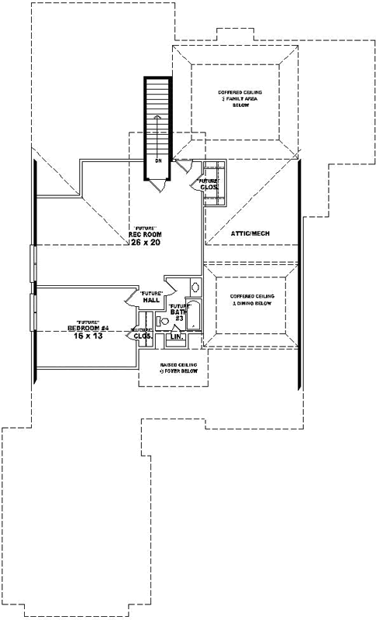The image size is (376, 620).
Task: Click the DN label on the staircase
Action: tap(157, 161)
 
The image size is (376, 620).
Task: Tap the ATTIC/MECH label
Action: tap(250, 232)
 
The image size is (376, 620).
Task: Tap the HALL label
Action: tap(150, 299)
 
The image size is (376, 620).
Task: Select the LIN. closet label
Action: tap(176, 337)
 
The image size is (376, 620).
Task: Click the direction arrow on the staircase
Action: tap(157, 132)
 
